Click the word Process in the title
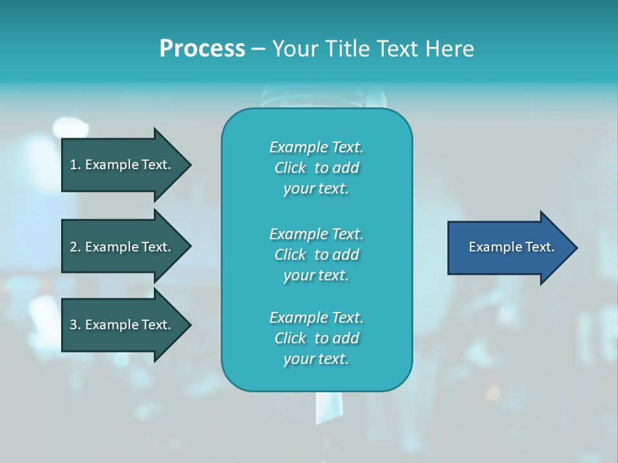point(202,49)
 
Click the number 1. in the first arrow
point(75,165)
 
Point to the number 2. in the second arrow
point(75,247)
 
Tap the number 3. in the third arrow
point(75,325)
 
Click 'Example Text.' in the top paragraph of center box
point(316,147)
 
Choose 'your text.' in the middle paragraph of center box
point(316,275)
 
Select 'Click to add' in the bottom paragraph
point(316,338)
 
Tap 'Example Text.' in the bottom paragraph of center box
point(316,318)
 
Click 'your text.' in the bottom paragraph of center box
point(316,359)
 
